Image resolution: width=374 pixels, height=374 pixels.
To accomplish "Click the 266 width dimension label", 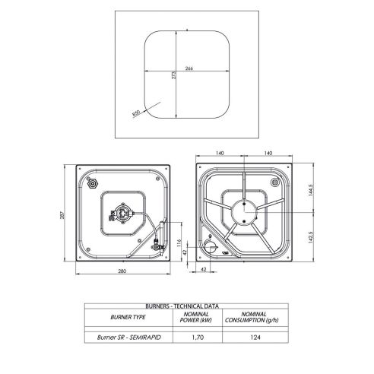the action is (189, 68).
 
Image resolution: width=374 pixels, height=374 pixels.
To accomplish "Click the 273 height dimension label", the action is (174, 75).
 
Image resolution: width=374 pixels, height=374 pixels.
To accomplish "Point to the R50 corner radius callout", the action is (136, 113).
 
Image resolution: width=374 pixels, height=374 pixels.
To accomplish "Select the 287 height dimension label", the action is (62, 215).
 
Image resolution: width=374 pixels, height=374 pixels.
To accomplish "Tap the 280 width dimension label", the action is (122, 271).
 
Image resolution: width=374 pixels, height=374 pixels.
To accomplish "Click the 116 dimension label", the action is (179, 243).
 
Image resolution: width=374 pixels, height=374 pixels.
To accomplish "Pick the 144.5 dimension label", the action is (311, 190).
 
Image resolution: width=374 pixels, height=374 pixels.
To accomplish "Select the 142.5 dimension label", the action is (311, 237).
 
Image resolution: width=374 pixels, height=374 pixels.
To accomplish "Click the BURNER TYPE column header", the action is (128, 317).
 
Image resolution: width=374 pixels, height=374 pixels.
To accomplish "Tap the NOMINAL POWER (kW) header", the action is (196, 317).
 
